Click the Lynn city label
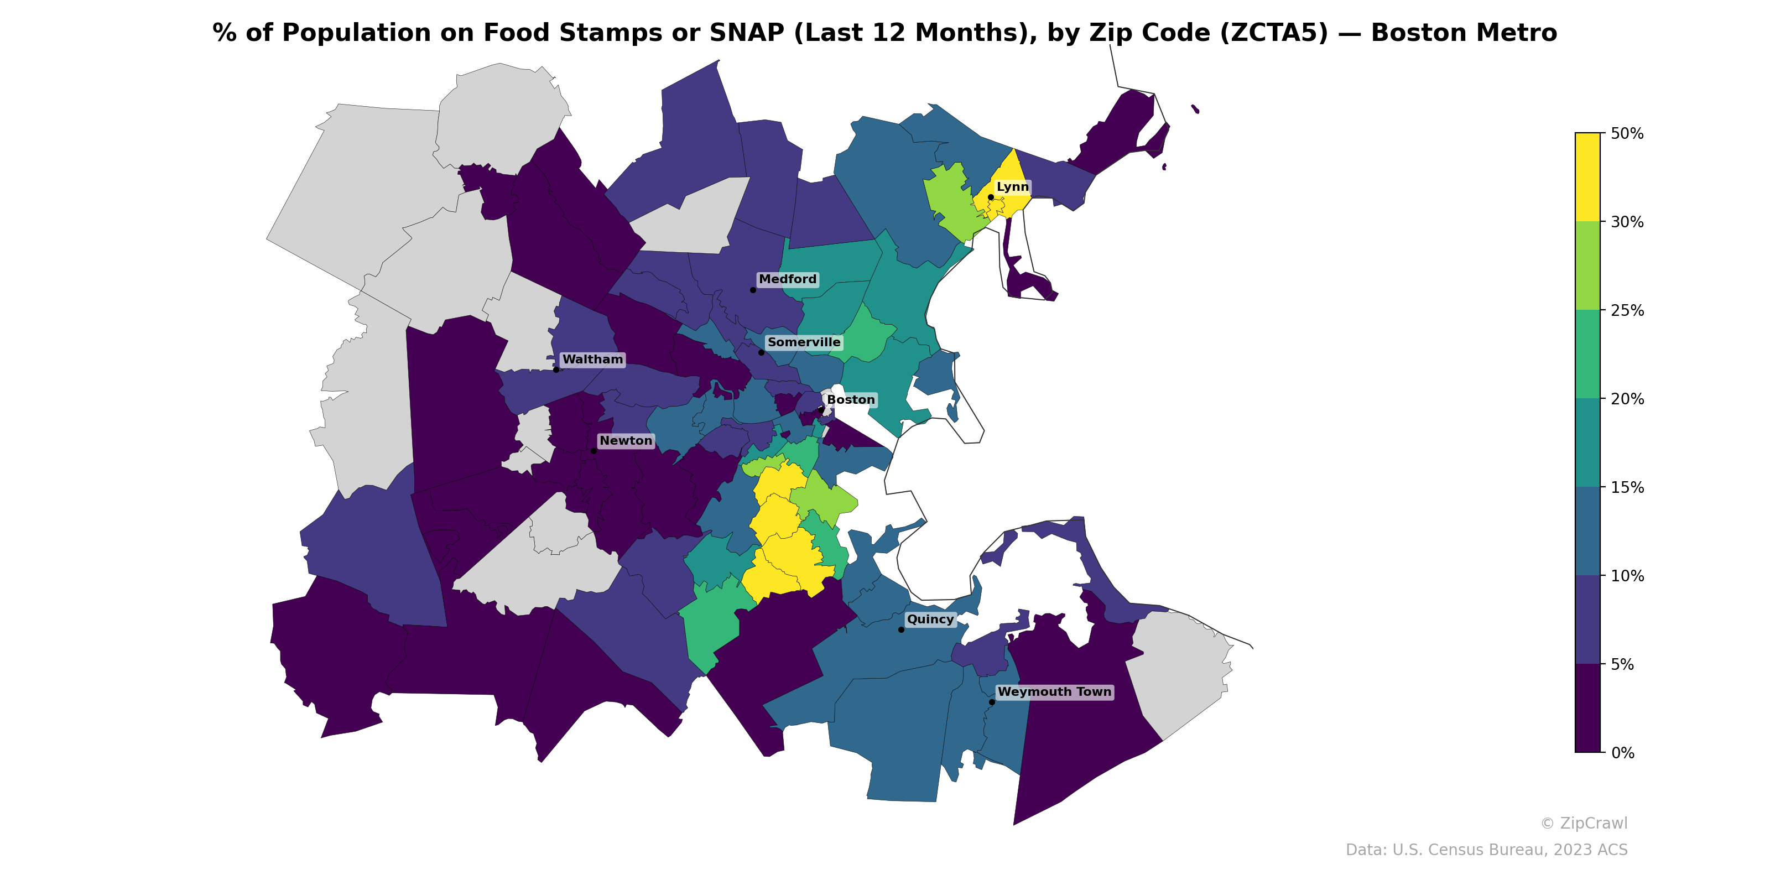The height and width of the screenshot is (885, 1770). [x=1012, y=187]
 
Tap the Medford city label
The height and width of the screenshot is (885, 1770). [x=788, y=279]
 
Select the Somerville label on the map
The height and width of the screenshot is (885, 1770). [x=803, y=342]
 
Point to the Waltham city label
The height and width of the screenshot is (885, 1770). [x=592, y=360]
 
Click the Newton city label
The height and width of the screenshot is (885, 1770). [x=625, y=440]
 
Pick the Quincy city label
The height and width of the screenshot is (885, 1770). [x=930, y=619]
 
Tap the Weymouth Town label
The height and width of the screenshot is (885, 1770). [x=1054, y=692]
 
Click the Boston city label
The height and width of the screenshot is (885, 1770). [x=851, y=400]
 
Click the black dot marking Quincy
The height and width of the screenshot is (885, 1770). [x=901, y=629]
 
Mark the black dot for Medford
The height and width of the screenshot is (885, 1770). [x=752, y=290]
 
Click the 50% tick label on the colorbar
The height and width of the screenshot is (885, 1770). [x=1626, y=133]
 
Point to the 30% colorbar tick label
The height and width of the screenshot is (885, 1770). [x=1626, y=222]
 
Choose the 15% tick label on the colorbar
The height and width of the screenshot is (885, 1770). [x=1626, y=488]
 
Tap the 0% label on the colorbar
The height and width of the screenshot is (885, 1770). [x=1622, y=753]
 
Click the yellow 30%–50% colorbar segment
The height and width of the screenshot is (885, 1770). [x=1587, y=177]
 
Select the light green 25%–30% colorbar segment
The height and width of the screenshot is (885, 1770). [x=1587, y=266]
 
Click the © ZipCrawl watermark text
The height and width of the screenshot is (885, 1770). [x=1583, y=823]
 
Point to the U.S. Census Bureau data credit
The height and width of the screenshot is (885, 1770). [x=1486, y=850]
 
